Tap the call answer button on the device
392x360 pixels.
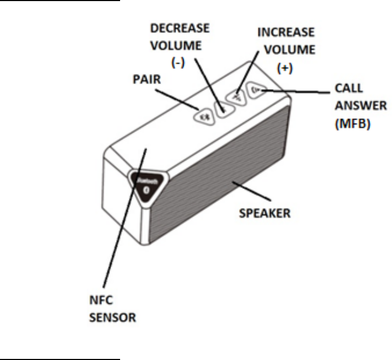tap(256, 90)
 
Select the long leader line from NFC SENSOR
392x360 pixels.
tap(121, 221)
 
